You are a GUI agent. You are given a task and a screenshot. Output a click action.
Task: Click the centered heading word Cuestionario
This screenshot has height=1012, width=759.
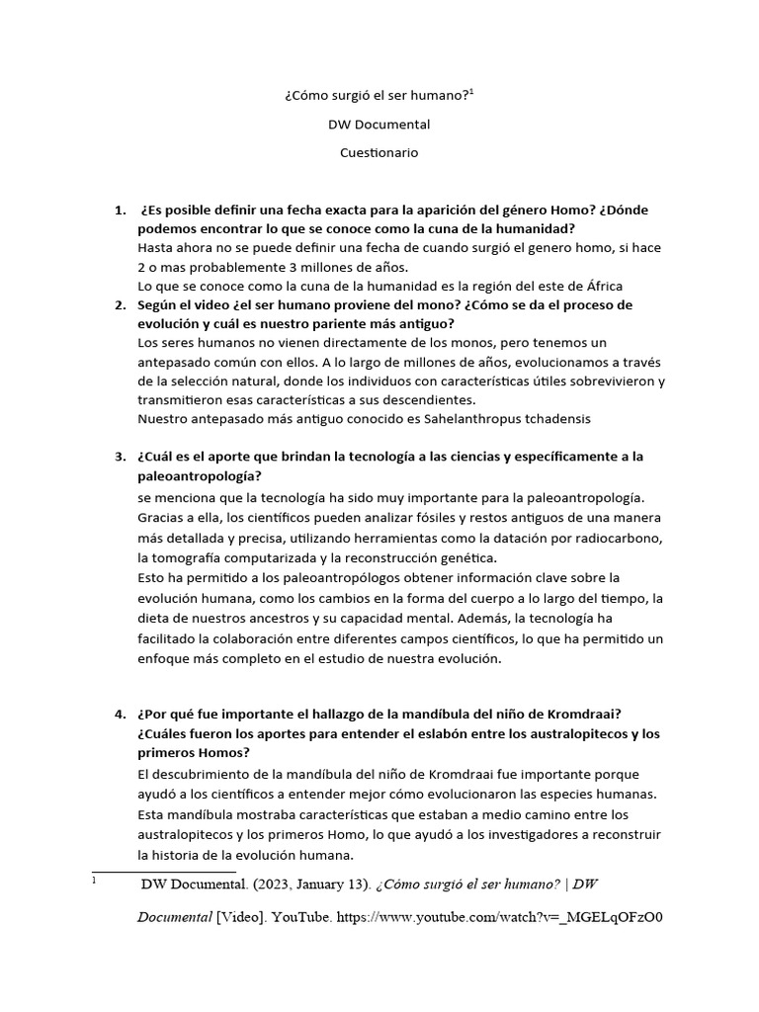pos(379,153)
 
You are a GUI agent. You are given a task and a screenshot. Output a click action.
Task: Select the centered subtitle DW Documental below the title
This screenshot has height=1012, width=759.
pos(379,125)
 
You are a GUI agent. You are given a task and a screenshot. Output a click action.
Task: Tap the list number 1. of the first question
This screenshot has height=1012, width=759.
pos(120,211)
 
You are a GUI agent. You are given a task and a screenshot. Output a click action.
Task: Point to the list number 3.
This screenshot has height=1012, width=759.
pos(120,457)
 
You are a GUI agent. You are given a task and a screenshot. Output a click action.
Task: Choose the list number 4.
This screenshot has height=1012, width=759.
pos(120,715)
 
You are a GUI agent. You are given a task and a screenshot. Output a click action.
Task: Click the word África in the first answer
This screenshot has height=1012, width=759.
pos(600,287)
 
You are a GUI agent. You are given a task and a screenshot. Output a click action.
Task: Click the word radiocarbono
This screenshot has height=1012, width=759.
pos(609,537)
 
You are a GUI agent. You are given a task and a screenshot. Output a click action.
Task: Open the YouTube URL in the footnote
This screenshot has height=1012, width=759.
pos(499,916)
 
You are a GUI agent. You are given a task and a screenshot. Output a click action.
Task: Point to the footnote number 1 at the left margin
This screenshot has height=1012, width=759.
pos(94,879)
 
